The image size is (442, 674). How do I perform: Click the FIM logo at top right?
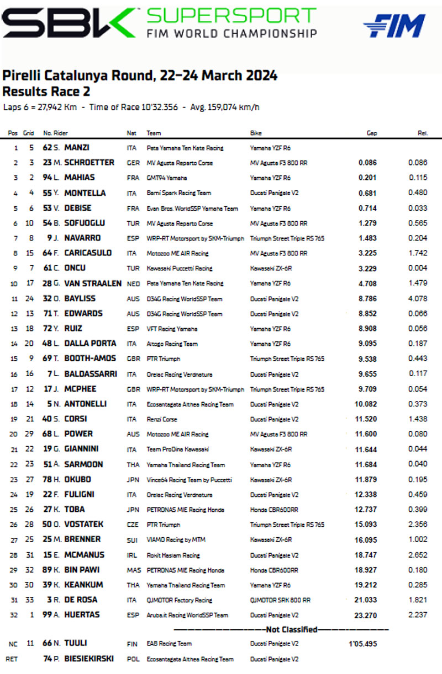point(394,25)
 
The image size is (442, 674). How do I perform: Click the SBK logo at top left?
point(68,23)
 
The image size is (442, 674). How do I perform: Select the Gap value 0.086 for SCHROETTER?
point(367,163)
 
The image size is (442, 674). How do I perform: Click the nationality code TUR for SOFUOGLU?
point(131,223)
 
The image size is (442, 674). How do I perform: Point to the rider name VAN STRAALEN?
point(90,283)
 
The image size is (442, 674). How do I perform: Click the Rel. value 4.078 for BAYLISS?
point(418,298)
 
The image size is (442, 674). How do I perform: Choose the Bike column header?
point(256,133)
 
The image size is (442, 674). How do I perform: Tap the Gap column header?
point(372,133)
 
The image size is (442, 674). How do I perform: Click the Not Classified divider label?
point(284,629)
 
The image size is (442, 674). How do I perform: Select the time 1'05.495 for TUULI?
point(361,643)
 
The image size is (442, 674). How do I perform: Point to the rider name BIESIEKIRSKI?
point(90,659)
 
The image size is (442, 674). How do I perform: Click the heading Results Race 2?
point(46,92)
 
